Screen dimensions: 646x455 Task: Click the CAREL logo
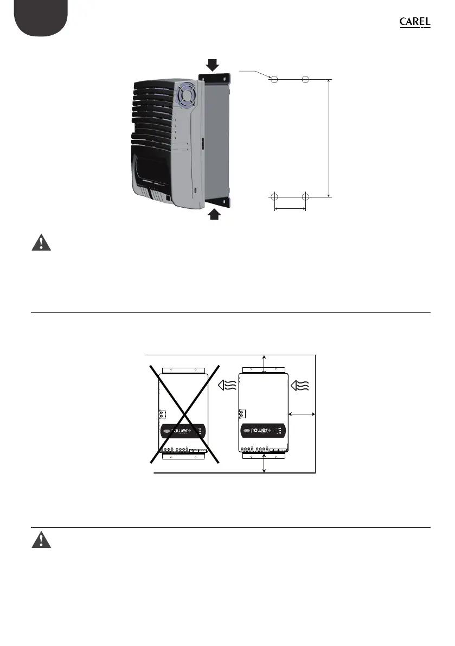tap(415, 22)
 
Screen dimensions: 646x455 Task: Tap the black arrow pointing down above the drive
tap(213, 65)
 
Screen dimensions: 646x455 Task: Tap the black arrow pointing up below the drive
tap(214, 214)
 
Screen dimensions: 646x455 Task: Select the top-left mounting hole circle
tap(274, 80)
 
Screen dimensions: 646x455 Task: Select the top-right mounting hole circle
tap(305, 80)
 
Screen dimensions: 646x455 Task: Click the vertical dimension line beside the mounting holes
tap(329, 138)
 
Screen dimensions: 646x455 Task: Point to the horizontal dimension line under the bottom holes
tap(290, 208)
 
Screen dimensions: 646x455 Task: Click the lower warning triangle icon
tap(41, 540)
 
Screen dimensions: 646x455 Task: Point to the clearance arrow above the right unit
tap(264, 364)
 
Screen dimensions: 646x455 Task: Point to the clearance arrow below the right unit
tap(264, 463)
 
